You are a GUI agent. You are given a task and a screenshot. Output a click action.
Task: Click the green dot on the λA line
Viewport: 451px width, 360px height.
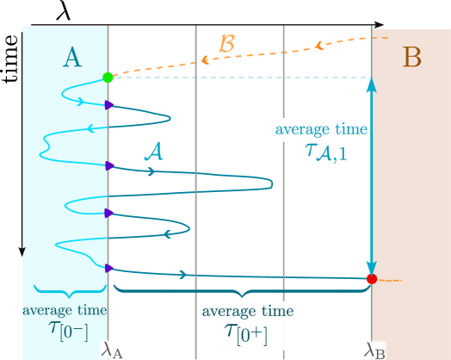(108, 78)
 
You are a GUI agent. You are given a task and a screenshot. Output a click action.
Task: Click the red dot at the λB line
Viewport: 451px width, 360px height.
(371, 279)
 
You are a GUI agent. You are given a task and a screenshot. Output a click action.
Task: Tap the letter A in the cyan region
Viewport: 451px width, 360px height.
(72, 58)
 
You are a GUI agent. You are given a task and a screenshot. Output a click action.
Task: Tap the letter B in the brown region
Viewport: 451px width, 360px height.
(412, 59)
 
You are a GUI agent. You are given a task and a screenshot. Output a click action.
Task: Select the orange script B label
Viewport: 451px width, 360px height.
(226, 43)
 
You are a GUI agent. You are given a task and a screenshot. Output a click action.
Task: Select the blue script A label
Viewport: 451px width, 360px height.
(154, 152)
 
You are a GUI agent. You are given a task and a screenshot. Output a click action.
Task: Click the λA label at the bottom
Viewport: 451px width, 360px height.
(113, 349)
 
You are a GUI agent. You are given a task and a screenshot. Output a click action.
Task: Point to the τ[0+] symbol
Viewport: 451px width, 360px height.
(247, 333)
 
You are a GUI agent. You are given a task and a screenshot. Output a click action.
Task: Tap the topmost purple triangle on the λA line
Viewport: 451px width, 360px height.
(109, 105)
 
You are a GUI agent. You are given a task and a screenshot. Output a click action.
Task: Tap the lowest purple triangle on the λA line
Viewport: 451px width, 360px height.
(109, 269)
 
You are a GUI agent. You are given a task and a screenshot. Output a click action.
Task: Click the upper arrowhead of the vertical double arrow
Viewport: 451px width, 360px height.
(371, 84)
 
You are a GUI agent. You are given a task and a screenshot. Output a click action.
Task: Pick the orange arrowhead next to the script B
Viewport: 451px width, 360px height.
(206, 59)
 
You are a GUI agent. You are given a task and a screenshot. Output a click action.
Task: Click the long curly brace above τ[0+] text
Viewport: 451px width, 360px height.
(242, 291)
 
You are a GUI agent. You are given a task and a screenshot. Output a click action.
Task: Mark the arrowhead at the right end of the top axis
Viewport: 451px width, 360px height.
(379, 25)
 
